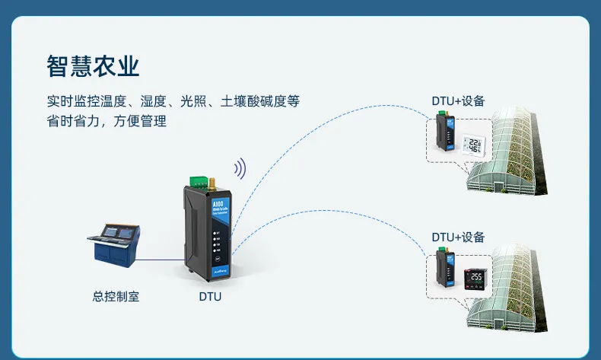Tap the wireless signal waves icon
[240, 168]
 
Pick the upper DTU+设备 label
[458, 101]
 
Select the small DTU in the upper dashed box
[443, 132]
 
